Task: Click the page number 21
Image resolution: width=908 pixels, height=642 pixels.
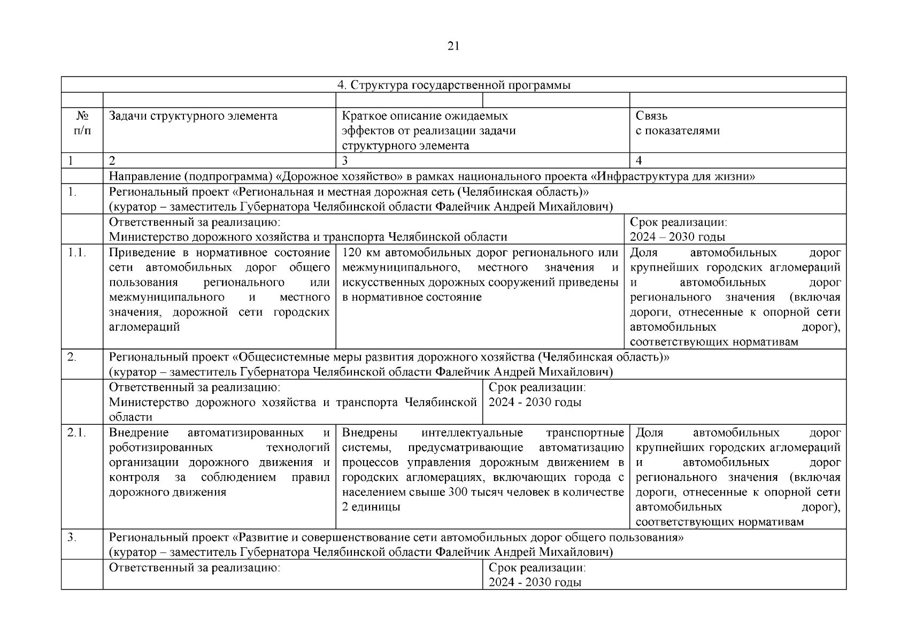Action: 453,47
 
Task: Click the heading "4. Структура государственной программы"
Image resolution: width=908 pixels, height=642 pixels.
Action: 453,85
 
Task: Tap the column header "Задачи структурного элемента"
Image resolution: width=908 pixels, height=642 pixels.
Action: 193,116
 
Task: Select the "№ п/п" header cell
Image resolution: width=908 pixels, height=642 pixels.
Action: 82,124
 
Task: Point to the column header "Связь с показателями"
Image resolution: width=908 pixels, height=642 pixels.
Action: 677,124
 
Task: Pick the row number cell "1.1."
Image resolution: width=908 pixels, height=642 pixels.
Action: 77,253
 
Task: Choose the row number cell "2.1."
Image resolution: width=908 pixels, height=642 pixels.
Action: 77,433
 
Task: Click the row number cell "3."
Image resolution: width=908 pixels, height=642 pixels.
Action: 72,537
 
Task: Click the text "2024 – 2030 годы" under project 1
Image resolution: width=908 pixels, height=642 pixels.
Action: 677,237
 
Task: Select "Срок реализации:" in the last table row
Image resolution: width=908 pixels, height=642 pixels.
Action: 537,568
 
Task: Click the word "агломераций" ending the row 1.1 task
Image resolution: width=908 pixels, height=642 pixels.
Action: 144,327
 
